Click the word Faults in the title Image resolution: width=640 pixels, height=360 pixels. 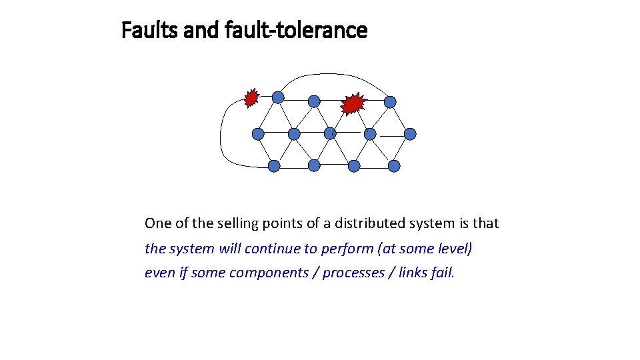(145, 30)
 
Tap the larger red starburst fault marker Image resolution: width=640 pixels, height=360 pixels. (353, 103)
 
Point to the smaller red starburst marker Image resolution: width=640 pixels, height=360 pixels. (251, 98)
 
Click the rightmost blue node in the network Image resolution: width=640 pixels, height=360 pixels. (410, 134)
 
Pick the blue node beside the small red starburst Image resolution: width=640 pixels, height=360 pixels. (278, 97)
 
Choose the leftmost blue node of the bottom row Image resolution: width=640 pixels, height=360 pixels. (274, 166)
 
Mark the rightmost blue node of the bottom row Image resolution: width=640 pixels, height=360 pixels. (394, 166)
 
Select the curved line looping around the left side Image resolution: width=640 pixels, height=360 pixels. (221, 133)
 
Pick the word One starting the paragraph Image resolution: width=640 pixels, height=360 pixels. (157, 223)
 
